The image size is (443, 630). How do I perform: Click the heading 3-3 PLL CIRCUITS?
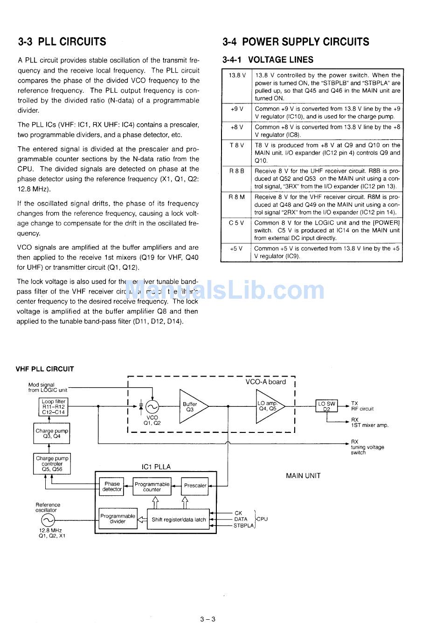click(x=62, y=42)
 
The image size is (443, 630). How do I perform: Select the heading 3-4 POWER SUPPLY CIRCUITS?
click(x=296, y=42)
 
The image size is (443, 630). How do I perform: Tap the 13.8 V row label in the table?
click(x=237, y=75)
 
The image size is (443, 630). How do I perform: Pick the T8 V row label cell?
click(x=237, y=145)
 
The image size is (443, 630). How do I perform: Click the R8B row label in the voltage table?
click(x=237, y=171)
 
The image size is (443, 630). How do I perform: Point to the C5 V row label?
click(x=237, y=223)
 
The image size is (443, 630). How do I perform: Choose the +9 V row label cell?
click(x=237, y=109)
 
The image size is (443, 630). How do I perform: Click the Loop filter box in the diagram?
click(x=54, y=407)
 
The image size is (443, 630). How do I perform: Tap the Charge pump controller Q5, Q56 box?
click(x=52, y=464)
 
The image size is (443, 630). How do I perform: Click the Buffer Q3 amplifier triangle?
click(x=192, y=406)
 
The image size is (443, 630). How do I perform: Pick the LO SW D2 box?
click(x=327, y=406)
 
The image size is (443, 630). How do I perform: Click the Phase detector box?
click(x=112, y=486)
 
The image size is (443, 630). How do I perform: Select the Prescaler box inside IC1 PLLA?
click(x=195, y=486)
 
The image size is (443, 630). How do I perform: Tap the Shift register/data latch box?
click(x=179, y=520)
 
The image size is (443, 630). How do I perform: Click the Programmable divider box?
click(x=118, y=519)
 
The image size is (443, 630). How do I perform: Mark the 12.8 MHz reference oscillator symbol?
click(x=48, y=520)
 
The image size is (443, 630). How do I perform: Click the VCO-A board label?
click(x=265, y=382)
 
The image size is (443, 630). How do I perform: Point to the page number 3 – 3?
click(x=208, y=619)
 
